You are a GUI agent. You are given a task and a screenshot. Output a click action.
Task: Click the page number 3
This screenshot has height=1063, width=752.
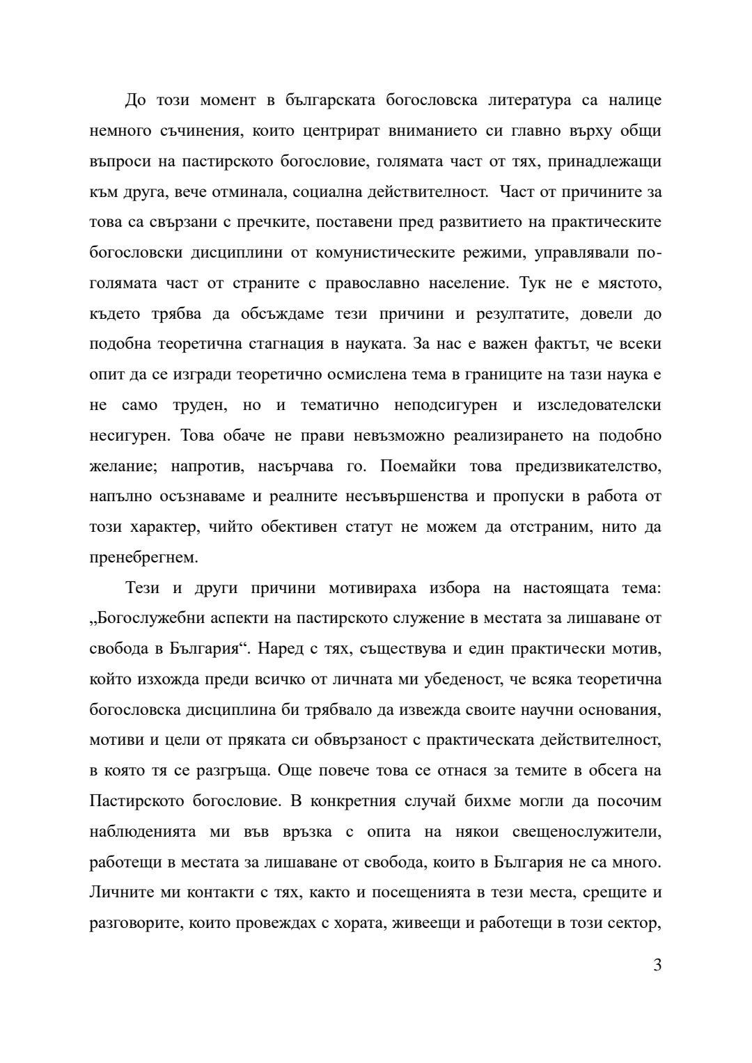click(657, 966)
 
